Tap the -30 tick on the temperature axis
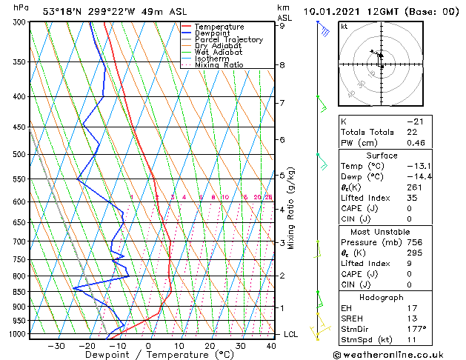point(56,345)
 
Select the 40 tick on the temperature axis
point(271,345)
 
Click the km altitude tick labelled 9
point(282,26)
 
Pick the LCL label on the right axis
point(291,334)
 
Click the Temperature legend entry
point(219,27)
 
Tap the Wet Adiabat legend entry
point(218,53)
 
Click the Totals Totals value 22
point(412,132)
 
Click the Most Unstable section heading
point(382,231)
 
